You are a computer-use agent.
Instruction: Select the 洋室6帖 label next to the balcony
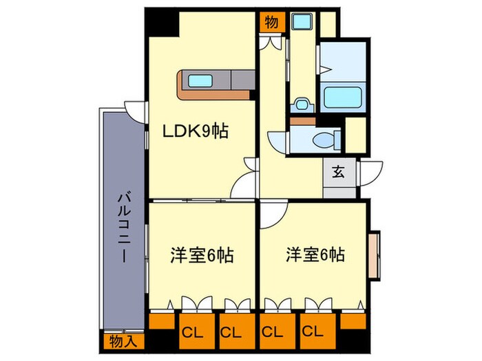pos(202,256)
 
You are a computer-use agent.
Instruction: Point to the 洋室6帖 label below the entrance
pos(315,255)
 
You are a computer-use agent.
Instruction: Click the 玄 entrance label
pos(339,171)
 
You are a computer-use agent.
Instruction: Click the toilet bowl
pos(323,140)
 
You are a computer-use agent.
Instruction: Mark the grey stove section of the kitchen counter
pos(241,80)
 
